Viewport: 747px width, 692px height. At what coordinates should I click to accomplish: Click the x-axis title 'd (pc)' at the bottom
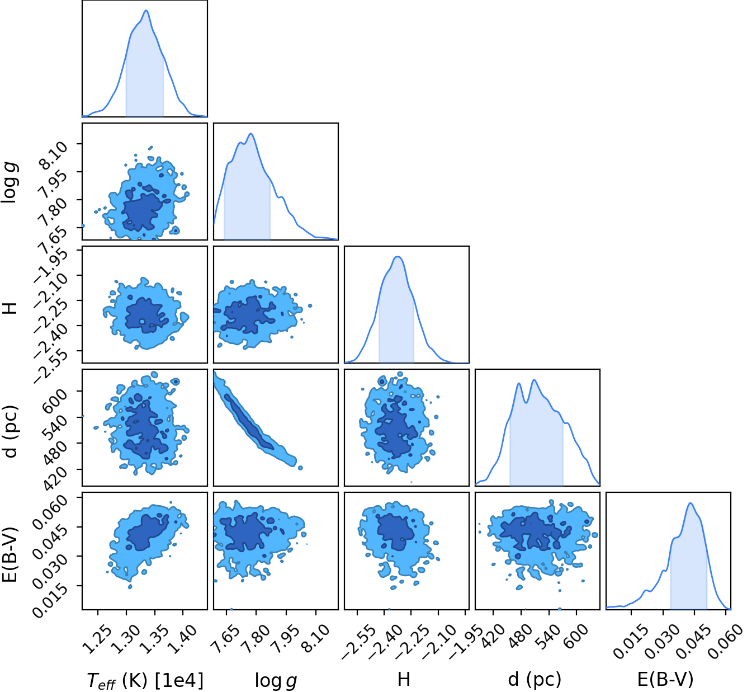[535, 680]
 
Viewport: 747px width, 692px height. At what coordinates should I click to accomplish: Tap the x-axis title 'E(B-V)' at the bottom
[665, 680]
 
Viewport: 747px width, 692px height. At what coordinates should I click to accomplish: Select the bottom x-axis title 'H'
[404, 680]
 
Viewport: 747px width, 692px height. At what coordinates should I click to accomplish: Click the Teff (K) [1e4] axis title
[145, 680]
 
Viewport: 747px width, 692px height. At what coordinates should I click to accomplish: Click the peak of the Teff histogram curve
[146, 11]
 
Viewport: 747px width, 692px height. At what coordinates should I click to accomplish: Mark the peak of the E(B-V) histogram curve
[691, 503]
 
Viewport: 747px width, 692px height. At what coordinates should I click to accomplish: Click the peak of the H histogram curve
[398, 257]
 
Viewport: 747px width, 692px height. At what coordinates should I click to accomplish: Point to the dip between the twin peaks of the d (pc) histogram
[526, 402]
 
